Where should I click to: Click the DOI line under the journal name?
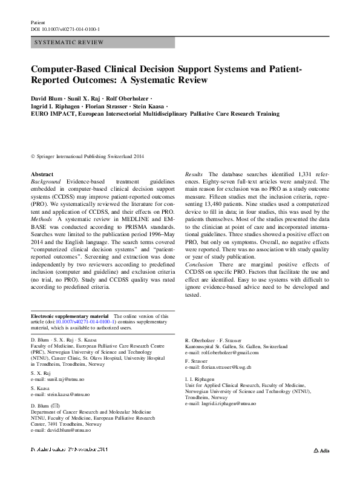click(65, 29)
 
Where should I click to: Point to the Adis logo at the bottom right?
click(321, 468)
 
